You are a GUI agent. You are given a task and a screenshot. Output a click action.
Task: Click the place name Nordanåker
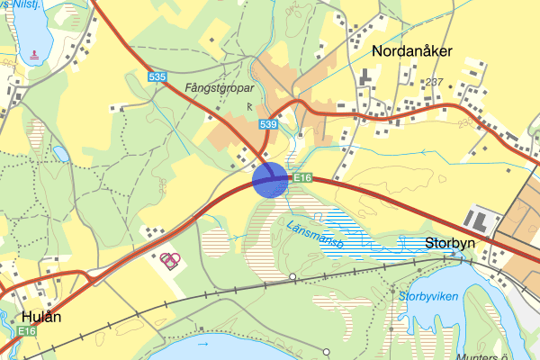pos(409,51)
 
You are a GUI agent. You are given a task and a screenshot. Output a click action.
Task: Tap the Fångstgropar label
pos(215,89)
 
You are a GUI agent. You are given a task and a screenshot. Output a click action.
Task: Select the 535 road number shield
pos(157,78)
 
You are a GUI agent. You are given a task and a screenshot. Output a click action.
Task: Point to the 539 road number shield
pos(267,124)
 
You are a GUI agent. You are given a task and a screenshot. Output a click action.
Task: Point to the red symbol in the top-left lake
pos(34,54)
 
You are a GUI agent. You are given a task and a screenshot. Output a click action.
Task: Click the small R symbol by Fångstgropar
pos(249,106)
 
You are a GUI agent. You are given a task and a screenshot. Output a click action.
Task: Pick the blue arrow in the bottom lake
pos(202,344)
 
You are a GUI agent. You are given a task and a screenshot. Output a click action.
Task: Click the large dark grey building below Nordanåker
pos(365,79)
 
